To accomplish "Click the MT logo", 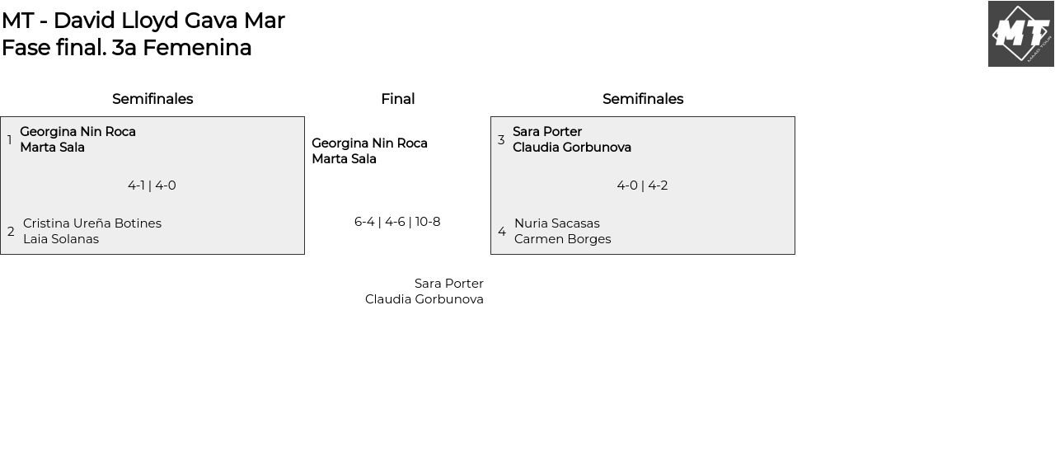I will coord(1020,34).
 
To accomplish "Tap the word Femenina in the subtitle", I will coord(197,48).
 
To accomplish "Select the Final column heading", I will coord(397,99).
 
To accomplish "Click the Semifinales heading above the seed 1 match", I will coord(152,99).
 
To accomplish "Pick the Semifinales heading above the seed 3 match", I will coord(643,99).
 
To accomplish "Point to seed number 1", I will coord(10,140).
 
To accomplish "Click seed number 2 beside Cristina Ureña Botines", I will coord(11,232).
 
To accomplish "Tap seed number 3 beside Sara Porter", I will coord(501,140).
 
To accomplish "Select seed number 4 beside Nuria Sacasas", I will coord(502,232).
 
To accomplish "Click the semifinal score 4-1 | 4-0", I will coord(152,186).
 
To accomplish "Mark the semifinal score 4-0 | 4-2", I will coord(642,186).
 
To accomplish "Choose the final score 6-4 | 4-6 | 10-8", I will coord(397,222).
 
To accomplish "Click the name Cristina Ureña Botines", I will coord(92,223).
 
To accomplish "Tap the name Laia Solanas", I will coord(61,239).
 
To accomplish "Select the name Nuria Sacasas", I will coord(557,223).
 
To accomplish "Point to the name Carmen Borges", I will coord(563,239).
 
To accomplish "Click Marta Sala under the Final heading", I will coord(344,159).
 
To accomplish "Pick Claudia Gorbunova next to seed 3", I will coord(572,148).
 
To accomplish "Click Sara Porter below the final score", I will coord(449,284).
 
